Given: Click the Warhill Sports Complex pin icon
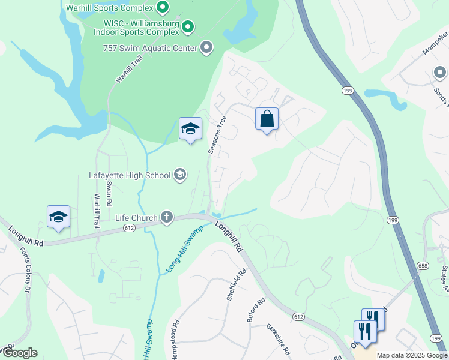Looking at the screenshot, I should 162,8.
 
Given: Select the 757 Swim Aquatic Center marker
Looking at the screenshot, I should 207,47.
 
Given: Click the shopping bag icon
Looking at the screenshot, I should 267,119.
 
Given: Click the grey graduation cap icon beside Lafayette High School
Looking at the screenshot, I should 179,175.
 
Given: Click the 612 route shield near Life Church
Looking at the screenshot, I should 129,227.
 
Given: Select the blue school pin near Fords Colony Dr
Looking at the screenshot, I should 58,217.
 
